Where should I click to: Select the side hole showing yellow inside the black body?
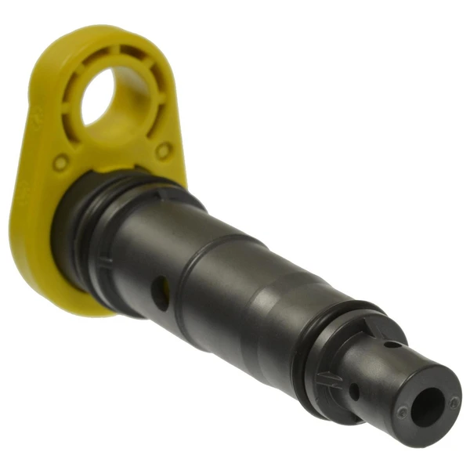tap(160, 294)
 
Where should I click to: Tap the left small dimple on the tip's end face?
tap(402, 410)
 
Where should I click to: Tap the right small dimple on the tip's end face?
tap(454, 402)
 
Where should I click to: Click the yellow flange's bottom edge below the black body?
tap(78, 302)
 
